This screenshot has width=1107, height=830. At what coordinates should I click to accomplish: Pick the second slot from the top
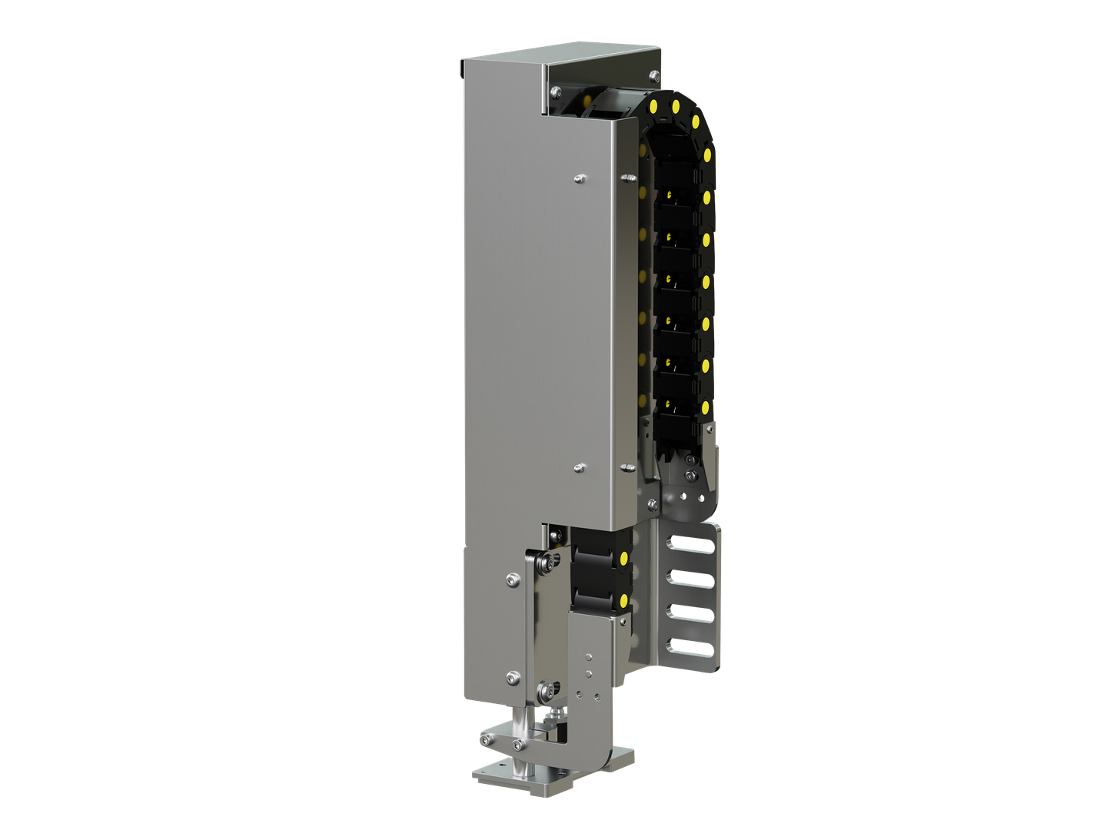pos(689,577)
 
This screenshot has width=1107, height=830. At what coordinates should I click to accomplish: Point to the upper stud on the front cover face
pos(579,179)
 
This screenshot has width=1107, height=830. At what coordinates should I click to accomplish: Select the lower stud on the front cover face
pos(579,467)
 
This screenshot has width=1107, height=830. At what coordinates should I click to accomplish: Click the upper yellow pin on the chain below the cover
pos(623,555)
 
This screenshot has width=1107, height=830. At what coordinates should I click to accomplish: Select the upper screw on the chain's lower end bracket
pos(689,460)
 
